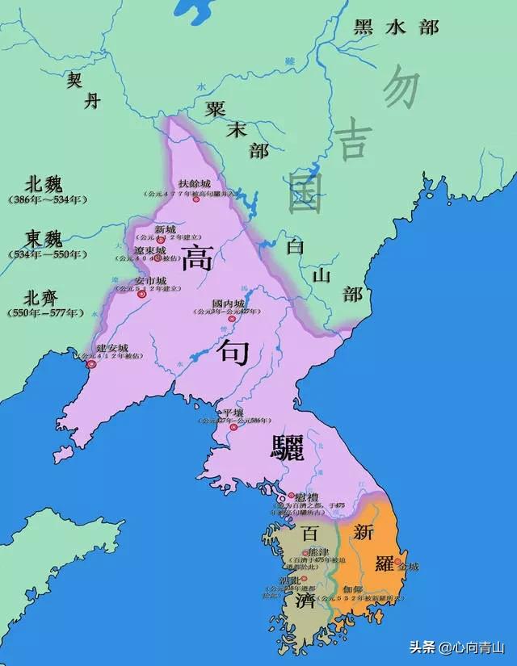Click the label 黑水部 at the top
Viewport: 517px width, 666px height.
click(x=396, y=27)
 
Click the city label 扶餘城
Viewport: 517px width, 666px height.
click(x=195, y=185)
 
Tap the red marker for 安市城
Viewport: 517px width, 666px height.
click(x=142, y=295)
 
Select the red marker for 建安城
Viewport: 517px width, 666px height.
click(x=91, y=364)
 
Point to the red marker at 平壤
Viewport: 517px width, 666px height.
click(x=233, y=426)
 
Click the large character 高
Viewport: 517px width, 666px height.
click(x=197, y=258)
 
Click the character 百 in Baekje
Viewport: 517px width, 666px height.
click(x=310, y=534)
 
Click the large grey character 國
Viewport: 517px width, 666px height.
click(x=305, y=192)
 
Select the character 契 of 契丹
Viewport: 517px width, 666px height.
click(x=74, y=79)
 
